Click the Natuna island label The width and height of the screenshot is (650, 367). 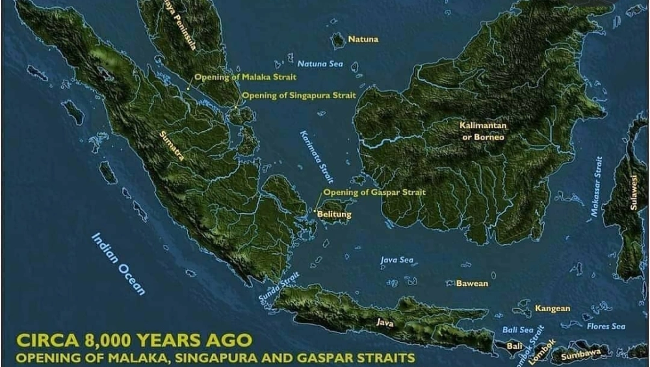coord(363,40)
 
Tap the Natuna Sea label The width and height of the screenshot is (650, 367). coord(320,64)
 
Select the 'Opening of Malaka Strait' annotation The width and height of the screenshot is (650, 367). coord(246,77)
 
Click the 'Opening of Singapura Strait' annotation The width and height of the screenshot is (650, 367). coord(299,95)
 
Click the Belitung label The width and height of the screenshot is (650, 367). coord(335,214)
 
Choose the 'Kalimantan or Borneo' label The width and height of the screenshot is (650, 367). coord(483,131)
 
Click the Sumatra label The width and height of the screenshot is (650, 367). coord(172,147)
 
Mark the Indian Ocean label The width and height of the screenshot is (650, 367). coord(118,264)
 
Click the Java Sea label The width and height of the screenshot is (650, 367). coord(396,260)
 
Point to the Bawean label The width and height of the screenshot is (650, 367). coord(472,284)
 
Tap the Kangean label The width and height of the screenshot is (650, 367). coord(552,309)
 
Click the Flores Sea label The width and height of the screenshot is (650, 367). coord(606,326)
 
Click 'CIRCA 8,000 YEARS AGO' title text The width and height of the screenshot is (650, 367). coord(133,341)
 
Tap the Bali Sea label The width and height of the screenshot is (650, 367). coord(518,330)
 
